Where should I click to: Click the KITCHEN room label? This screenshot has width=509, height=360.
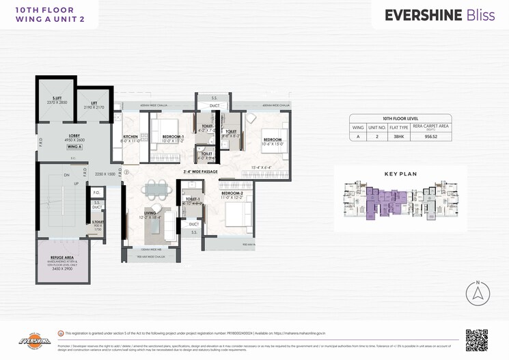[x=132, y=137]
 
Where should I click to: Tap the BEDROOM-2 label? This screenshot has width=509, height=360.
[x=232, y=194]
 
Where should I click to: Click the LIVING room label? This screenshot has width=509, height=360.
[x=150, y=214]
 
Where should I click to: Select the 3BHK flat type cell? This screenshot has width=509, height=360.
[x=398, y=137]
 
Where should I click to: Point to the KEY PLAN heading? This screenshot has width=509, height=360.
[x=400, y=174]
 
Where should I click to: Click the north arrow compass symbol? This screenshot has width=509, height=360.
[x=478, y=294]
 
